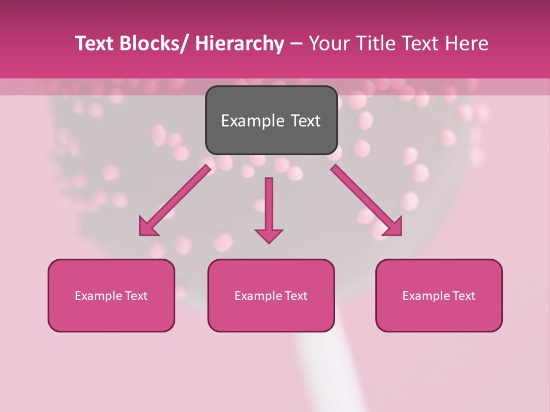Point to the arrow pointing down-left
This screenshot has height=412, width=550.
tap(174, 201)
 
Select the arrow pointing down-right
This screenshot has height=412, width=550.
tap(367, 201)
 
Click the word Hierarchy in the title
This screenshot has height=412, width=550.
tap(239, 44)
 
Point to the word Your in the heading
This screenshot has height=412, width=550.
tap(328, 44)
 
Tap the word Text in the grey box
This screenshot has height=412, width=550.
tap(305, 121)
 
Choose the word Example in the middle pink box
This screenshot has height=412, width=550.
tap(258, 296)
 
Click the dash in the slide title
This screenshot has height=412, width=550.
tap(296, 44)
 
